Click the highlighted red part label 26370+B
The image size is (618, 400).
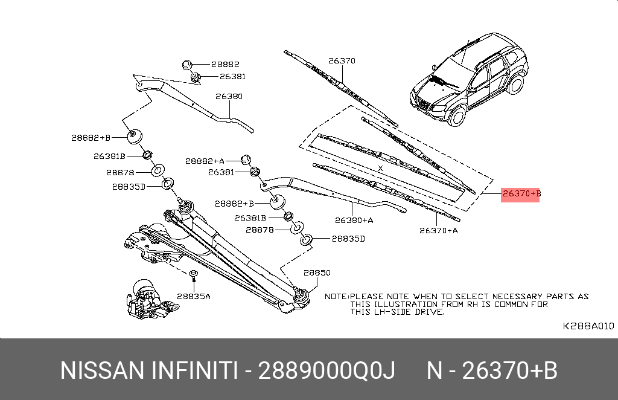pyautogui.click(x=520, y=193)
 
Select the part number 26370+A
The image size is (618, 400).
pyautogui.click(x=439, y=230)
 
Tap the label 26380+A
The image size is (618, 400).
pyautogui.click(x=354, y=220)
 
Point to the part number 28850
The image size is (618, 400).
pyautogui.click(x=317, y=273)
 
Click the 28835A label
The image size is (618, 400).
pyautogui.click(x=194, y=296)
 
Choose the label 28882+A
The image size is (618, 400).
pyautogui.click(x=205, y=161)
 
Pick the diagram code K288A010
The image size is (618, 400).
pyautogui.click(x=588, y=326)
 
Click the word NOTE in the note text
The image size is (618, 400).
pyautogui.click(x=336, y=297)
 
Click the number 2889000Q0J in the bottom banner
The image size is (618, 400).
pyautogui.click(x=327, y=370)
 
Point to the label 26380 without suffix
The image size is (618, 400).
pyautogui.click(x=229, y=96)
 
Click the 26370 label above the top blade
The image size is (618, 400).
pyautogui.click(x=342, y=60)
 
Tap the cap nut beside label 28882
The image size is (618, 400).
pyautogui.click(x=186, y=64)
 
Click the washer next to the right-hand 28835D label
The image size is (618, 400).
pyautogui.click(x=306, y=239)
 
